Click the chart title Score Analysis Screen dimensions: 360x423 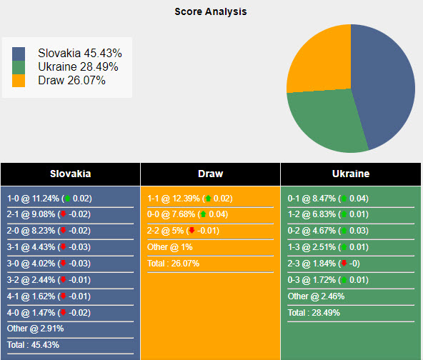click(x=211, y=11)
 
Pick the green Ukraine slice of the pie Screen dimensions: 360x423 click(x=325, y=121)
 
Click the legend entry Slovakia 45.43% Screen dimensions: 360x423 click(x=79, y=54)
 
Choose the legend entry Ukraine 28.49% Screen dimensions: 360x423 click(x=78, y=66)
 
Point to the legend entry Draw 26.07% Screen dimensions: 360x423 click(x=71, y=80)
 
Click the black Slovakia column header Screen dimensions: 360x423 click(x=70, y=174)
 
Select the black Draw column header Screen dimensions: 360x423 click(x=210, y=174)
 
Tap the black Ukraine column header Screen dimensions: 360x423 click(x=350, y=174)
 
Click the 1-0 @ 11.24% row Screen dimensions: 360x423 click(x=49, y=199)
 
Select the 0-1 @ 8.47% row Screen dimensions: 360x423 click(x=329, y=199)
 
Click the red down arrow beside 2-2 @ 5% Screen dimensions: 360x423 click(x=191, y=230)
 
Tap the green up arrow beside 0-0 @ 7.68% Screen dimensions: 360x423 click(x=203, y=214)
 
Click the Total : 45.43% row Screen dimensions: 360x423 click(x=34, y=344)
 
